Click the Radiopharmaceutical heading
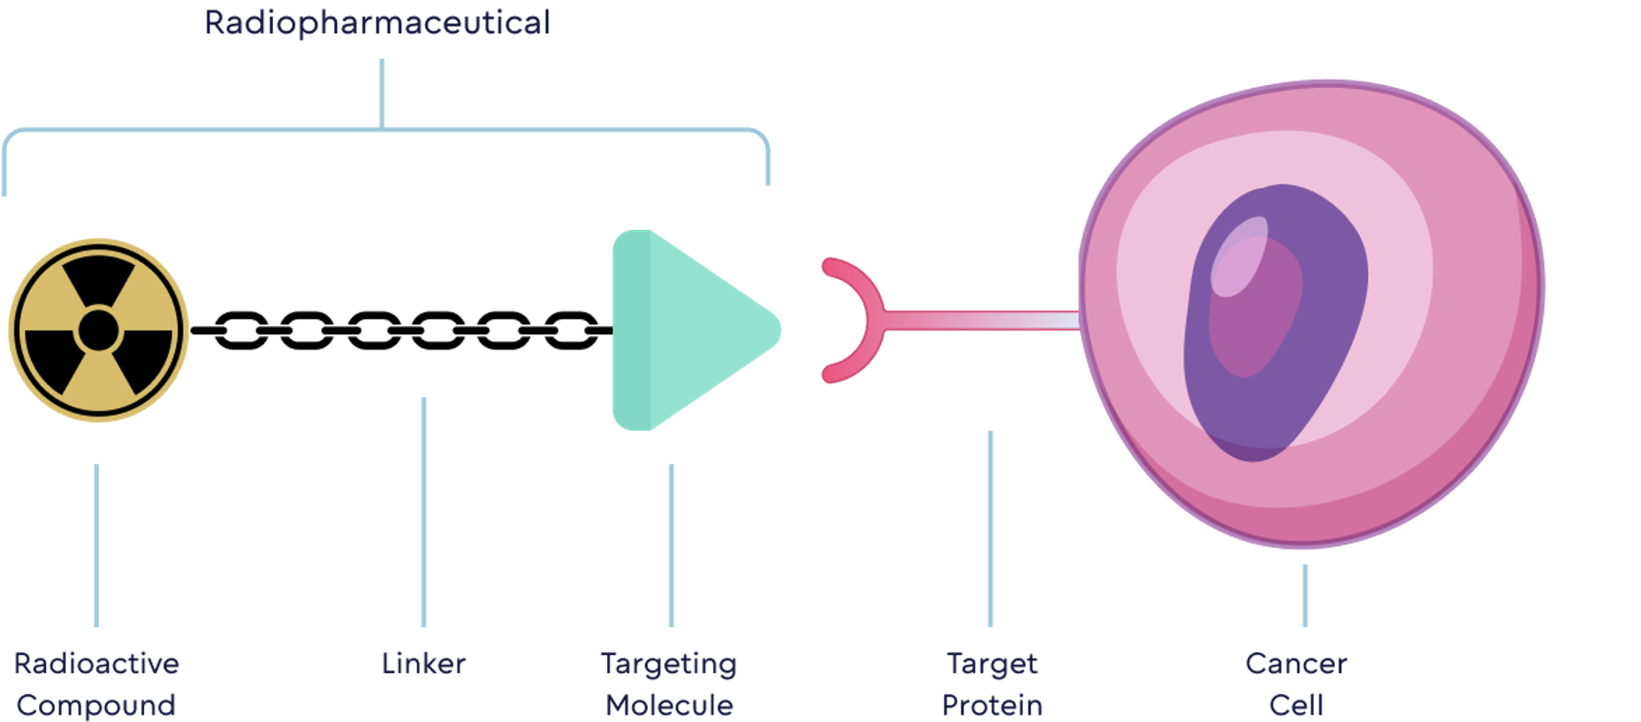pyautogui.click(x=377, y=23)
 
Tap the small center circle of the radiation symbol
pyautogui.click(x=98, y=331)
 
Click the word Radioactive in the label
pyautogui.click(x=96, y=663)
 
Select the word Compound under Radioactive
pyautogui.click(x=96, y=705)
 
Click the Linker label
pyautogui.click(x=423, y=663)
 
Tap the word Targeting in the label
pyautogui.click(x=669, y=663)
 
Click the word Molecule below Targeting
pyautogui.click(x=669, y=705)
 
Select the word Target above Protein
pyautogui.click(x=992, y=663)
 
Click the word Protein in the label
pyautogui.click(x=992, y=705)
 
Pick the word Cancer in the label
pyautogui.click(x=1296, y=663)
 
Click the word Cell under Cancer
pyautogui.click(x=1296, y=705)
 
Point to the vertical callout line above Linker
pyautogui.click(x=423, y=512)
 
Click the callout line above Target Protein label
pyautogui.click(x=989, y=530)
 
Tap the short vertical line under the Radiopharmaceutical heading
pyautogui.click(x=381, y=91)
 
